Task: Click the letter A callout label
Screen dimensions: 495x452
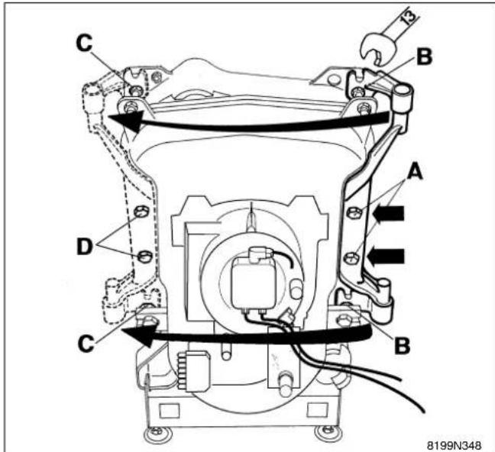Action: [x=415, y=173]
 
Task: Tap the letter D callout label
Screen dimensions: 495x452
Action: [x=85, y=247]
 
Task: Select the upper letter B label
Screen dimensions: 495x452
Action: [x=424, y=56]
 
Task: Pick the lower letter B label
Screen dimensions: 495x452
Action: [x=403, y=346]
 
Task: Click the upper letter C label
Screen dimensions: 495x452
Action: [x=84, y=43]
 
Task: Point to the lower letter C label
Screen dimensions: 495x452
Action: [x=86, y=344]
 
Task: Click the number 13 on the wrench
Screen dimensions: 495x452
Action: [x=409, y=16]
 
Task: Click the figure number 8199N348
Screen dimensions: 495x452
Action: [x=454, y=445]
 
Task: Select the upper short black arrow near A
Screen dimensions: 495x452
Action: [x=388, y=213]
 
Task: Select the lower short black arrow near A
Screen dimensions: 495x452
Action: [x=386, y=256]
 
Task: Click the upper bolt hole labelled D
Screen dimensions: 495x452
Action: [x=141, y=211]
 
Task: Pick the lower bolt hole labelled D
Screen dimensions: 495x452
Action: [x=145, y=256]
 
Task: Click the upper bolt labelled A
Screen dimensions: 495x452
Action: [x=354, y=212]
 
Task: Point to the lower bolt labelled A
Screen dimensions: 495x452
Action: [x=351, y=258]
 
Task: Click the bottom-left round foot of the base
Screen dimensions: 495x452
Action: [x=157, y=434]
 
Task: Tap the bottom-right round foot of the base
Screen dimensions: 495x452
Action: [x=328, y=432]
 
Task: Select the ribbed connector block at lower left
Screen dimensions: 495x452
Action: [x=193, y=371]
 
